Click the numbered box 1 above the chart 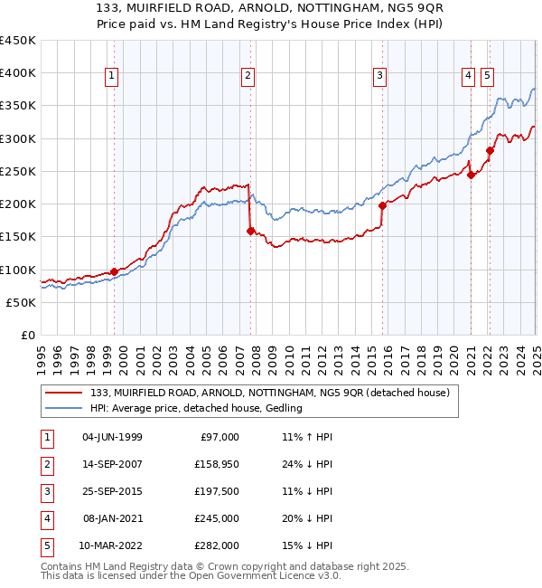111,77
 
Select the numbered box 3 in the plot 381,77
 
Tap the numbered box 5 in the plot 487,77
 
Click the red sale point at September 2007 250,231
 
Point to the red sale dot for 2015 382,205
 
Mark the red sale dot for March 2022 489,150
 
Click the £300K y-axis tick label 18,138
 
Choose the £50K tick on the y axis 21,302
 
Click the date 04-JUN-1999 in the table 112,437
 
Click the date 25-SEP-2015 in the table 112,491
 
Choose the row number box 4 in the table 45,518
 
